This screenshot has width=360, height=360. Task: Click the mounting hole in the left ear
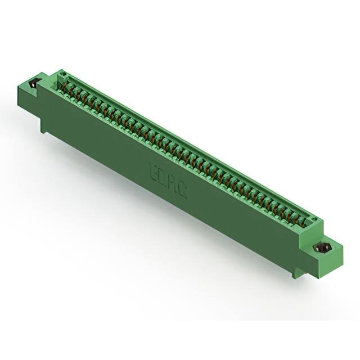33,84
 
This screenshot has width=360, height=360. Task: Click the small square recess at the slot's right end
316,220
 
